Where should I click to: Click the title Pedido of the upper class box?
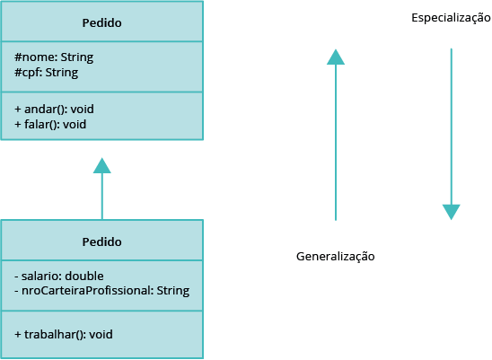[x=102, y=23]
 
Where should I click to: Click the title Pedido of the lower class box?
[x=102, y=242]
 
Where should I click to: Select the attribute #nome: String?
[x=54, y=57]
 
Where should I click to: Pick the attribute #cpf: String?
[x=47, y=73]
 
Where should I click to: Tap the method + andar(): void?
[x=54, y=110]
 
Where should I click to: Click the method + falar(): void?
[x=50, y=125]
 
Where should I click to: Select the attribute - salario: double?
[x=59, y=277]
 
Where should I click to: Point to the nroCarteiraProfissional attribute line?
[x=102, y=291]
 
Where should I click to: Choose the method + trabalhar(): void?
[x=64, y=335]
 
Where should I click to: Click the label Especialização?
[x=451, y=18]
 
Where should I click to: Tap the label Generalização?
[x=336, y=257]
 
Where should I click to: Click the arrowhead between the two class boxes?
[x=102, y=165]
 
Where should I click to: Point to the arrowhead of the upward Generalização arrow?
[x=336, y=57]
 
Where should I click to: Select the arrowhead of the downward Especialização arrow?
[x=452, y=212]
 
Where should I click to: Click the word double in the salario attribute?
[x=84, y=277]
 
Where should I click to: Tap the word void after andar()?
[x=83, y=110]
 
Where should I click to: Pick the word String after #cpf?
[x=62, y=73]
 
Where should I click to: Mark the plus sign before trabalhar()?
[x=18, y=335]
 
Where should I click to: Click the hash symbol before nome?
[x=18, y=57]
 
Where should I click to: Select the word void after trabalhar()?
[x=101, y=335]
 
